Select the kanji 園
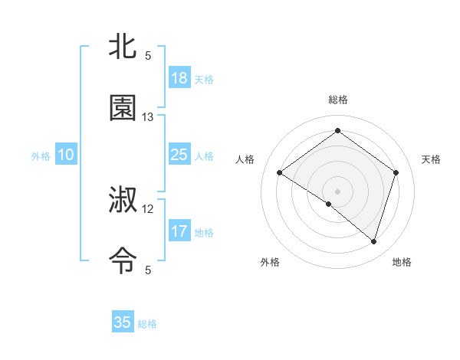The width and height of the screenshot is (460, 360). click(x=123, y=109)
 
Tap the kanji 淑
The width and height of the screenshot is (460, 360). click(x=123, y=201)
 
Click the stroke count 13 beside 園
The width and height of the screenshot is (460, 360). click(x=148, y=117)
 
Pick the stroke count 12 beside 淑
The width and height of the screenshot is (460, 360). click(x=148, y=208)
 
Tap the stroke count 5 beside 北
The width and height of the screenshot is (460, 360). click(x=148, y=56)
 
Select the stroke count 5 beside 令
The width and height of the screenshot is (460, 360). click(x=148, y=270)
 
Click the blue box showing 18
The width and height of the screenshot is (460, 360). click(x=179, y=78)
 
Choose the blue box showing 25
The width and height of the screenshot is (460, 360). click(x=179, y=155)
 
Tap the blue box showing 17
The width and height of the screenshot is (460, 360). click(x=179, y=231)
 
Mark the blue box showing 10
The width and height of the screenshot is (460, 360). click(x=66, y=155)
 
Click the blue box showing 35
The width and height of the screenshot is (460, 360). click(x=123, y=322)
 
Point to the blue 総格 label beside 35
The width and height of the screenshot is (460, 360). click(x=147, y=324)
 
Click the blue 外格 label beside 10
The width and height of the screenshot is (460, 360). click(x=41, y=156)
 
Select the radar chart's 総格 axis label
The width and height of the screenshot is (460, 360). click(x=338, y=100)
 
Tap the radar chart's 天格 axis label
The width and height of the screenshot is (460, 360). click(x=431, y=159)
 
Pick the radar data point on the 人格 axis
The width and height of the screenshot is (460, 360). click(x=280, y=172)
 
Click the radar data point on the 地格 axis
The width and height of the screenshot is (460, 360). click(x=373, y=241)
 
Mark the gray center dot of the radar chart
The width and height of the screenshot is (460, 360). click(x=338, y=191)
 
